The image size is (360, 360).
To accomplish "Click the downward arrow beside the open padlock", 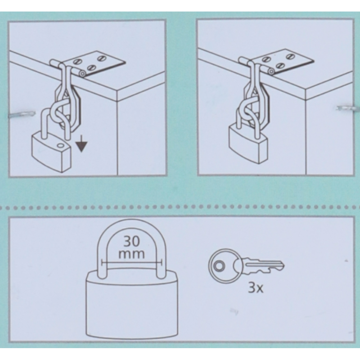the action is pos(81,144).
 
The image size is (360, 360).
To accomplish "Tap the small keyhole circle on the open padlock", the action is pos(60,145).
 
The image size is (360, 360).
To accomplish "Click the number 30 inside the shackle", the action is pos(131,241).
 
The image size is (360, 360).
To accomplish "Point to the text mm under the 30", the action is pos(131,254).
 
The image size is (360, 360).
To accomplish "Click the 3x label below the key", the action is pos(256,287).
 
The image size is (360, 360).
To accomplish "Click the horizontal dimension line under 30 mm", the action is pos(131,263).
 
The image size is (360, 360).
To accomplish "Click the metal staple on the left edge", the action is pos(22,114).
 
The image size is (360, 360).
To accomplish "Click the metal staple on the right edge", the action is pos(348,108).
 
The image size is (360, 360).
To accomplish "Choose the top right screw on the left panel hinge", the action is pos(101,58).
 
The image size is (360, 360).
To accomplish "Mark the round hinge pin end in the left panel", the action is pos(82,74).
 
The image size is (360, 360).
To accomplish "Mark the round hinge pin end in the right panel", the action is pos(271,72).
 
